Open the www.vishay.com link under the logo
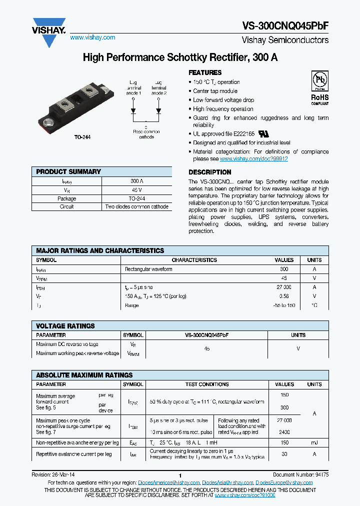pyautogui.click(x=92, y=37)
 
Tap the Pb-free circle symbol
pyautogui.click(x=319, y=81)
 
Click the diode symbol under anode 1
pyautogui.click(x=133, y=110)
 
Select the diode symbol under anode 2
pyautogui.click(x=158, y=110)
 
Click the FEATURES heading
pyautogui.click(x=205, y=72)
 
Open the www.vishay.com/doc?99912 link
pyautogui.click(x=253, y=158)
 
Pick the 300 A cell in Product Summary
pyautogui.click(x=136, y=181)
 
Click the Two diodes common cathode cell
pyautogui.click(x=136, y=206)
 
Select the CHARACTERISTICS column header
pyautogui.click(x=194, y=260)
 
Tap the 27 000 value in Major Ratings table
pyautogui.click(x=284, y=287)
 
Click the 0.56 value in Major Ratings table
pyautogui.click(x=284, y=296)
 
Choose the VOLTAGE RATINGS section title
pyautogui.click(x=65, y=326)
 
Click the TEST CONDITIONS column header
pyautogui.click(x=207, y=384)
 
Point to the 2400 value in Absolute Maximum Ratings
pyautogui.click(x=284, y=432)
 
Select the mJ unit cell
pyautogui.click(x=314, y=442)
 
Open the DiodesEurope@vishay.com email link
pyautogui.click(x=284, y=482)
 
